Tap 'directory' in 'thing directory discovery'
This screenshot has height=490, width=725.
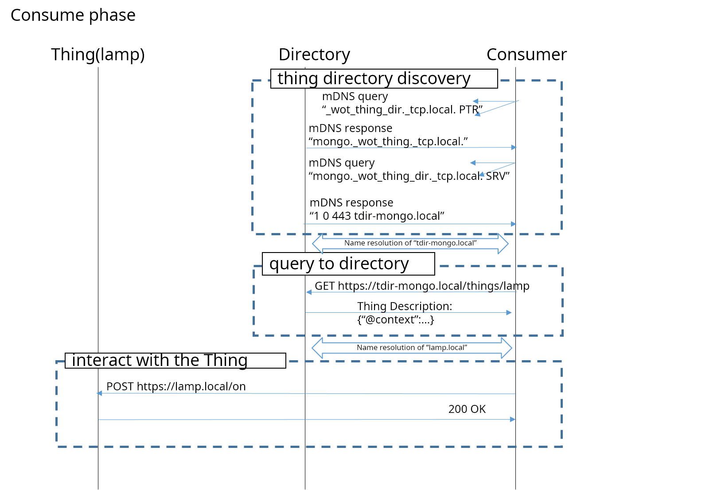click(358, 79)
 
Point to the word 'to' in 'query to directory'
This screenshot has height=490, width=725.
click(326, 264)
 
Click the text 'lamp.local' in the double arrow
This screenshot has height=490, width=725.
click(446, 348)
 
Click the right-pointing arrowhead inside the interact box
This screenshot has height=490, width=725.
click(513, 419)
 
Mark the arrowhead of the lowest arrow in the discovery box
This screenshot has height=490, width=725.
click(514, 224)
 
